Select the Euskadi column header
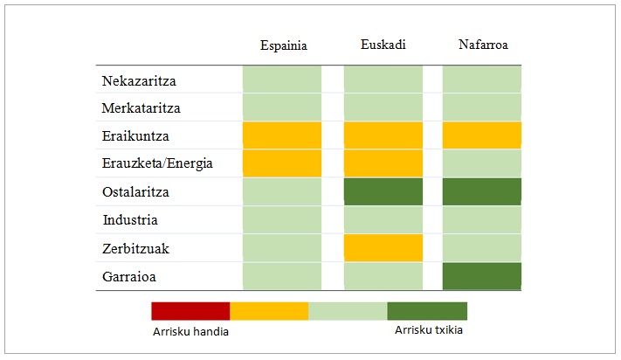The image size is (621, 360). click(383, 44)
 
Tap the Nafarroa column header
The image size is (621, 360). click(483, 44)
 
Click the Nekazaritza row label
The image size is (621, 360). click(139, 80)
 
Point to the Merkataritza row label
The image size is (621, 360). click(142, 108)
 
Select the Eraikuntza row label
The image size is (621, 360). click(135, 136)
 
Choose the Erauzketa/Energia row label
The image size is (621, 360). click(156, 163)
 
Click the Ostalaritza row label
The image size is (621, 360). click(137, 191)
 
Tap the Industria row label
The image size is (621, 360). click(129, 220)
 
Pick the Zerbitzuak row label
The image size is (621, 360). click(135, 248)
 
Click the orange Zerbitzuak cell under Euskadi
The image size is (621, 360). click(383, 248)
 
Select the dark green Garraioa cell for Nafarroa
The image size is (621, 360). click(482, 276)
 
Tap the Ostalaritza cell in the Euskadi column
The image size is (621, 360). click(383, 191)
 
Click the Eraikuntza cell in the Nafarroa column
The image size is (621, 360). click(482, 135)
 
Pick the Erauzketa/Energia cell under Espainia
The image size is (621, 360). click(282, 163)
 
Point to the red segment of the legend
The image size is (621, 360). click(190, 311)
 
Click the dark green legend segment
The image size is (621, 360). click(427, 311)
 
